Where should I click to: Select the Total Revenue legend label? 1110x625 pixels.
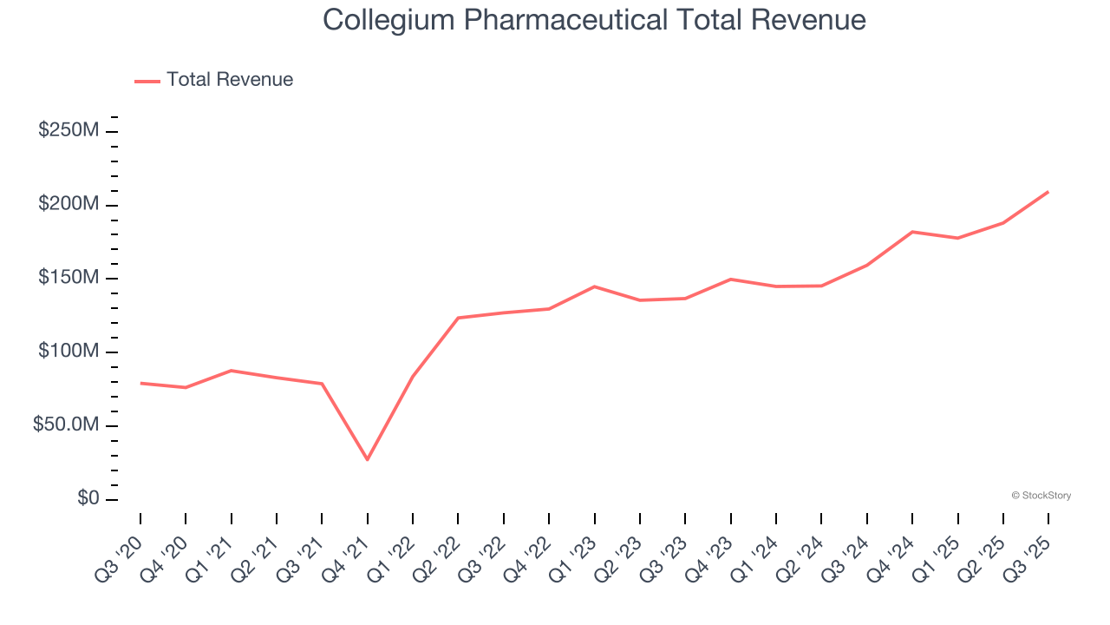[x=230, y=80]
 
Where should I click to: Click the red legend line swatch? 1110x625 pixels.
[x=147, y=81]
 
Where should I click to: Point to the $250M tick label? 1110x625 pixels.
[x=69, y=131]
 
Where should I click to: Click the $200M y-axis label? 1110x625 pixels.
[x=69, y=205]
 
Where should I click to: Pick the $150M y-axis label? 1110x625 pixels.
[x=69, y=279]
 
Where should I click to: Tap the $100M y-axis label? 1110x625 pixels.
[x=69, y=352]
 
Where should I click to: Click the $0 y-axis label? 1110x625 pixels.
[x=87, y=500]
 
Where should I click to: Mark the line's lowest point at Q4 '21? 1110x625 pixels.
[x=368, y=459]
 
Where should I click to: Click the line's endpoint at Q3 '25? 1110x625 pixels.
[x=1048, y=192]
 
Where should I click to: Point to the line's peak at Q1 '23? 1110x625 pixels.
[x=595, y=286]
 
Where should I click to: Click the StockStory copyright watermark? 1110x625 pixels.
[x=1041, y=496]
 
